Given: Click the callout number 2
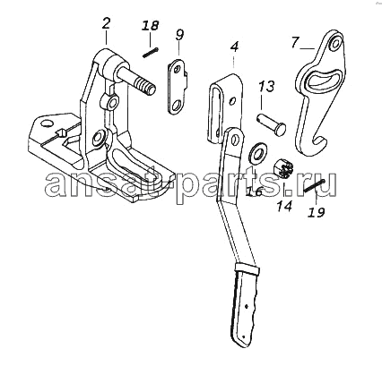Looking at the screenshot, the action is [106, 23].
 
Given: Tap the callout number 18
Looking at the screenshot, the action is [150, 26].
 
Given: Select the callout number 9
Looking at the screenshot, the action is [179, 35].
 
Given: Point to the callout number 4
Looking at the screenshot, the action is [235, 47].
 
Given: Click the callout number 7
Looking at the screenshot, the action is [294, 42].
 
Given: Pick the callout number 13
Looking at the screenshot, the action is [265, 87].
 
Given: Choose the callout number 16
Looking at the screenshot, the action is [254, 192].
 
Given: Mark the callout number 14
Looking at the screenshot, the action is [283, 207].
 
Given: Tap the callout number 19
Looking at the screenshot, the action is [317, 212].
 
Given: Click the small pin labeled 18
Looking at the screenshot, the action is [150, 53].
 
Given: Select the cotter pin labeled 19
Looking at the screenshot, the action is [315, 186].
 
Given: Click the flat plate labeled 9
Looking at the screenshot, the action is [178, 87].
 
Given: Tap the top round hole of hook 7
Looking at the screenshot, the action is [335, 44].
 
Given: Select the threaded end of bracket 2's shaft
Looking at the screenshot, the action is [144, 85].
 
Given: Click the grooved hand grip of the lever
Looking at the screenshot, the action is [246, 305].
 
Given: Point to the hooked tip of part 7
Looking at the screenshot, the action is [319, 143].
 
